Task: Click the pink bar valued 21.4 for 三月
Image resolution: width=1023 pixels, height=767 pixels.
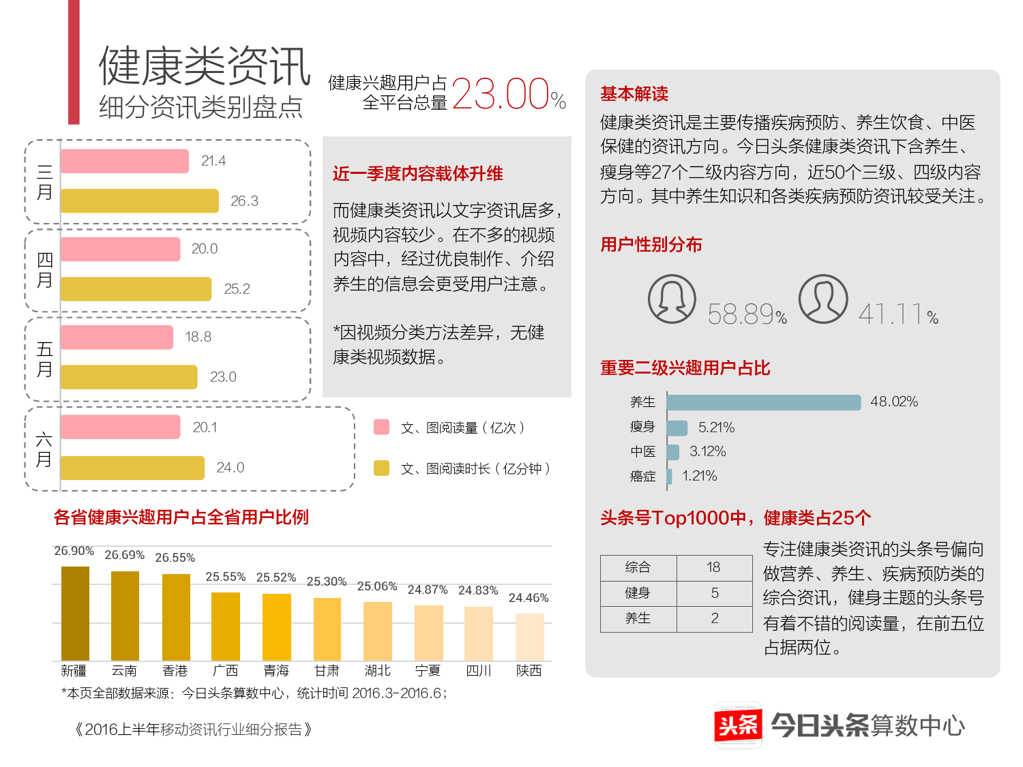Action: tap(124, 161)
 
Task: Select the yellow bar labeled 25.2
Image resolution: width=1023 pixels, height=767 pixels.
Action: tap(136, 289)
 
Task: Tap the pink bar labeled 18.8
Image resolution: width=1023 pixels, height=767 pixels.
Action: tap(117, 337)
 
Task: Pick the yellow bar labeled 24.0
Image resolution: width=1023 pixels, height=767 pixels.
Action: tap(132, 468)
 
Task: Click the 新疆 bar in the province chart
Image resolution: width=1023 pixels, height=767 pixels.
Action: tap(75, 614)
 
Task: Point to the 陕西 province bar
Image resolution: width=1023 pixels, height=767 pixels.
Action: tap(529, 637)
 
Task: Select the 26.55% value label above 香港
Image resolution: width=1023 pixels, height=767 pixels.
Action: tap(175, 558)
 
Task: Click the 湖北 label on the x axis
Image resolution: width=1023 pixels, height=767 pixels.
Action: tap(377, 671)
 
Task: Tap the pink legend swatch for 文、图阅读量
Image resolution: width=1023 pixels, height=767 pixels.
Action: tap(382, 427)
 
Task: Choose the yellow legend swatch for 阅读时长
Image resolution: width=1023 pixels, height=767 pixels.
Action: tap(382, 468)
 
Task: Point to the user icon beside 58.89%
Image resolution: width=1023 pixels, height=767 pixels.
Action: tap(672, 299)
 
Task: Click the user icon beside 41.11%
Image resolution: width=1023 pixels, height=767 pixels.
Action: tap(823, 299)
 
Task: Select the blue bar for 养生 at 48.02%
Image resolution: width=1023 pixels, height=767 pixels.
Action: tap(764, 402)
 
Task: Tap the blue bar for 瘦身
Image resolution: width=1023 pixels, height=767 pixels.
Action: tap(677, 427)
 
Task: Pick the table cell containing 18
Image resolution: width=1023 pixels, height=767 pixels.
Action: tap(713, 567)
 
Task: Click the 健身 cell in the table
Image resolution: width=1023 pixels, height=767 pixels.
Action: tap(638, 593)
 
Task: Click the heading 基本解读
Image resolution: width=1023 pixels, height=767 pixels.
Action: tap(634, 93)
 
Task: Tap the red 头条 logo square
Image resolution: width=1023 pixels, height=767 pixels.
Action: tap(738, 725)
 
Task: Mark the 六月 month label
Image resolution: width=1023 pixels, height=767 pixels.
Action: tap(44, 449)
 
